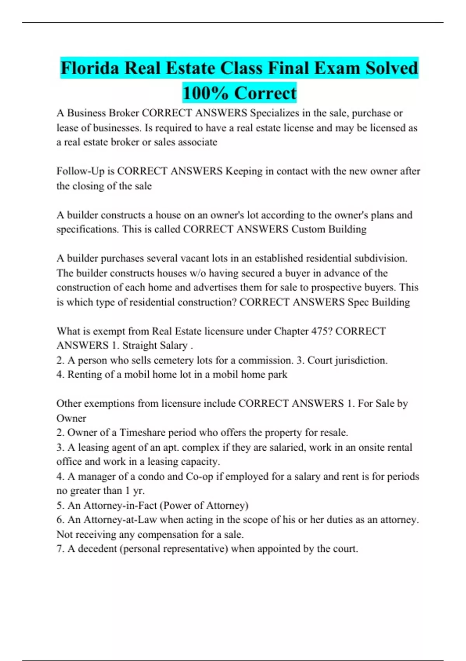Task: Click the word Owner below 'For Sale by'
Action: pyautogui.click(x=71, y=418)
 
